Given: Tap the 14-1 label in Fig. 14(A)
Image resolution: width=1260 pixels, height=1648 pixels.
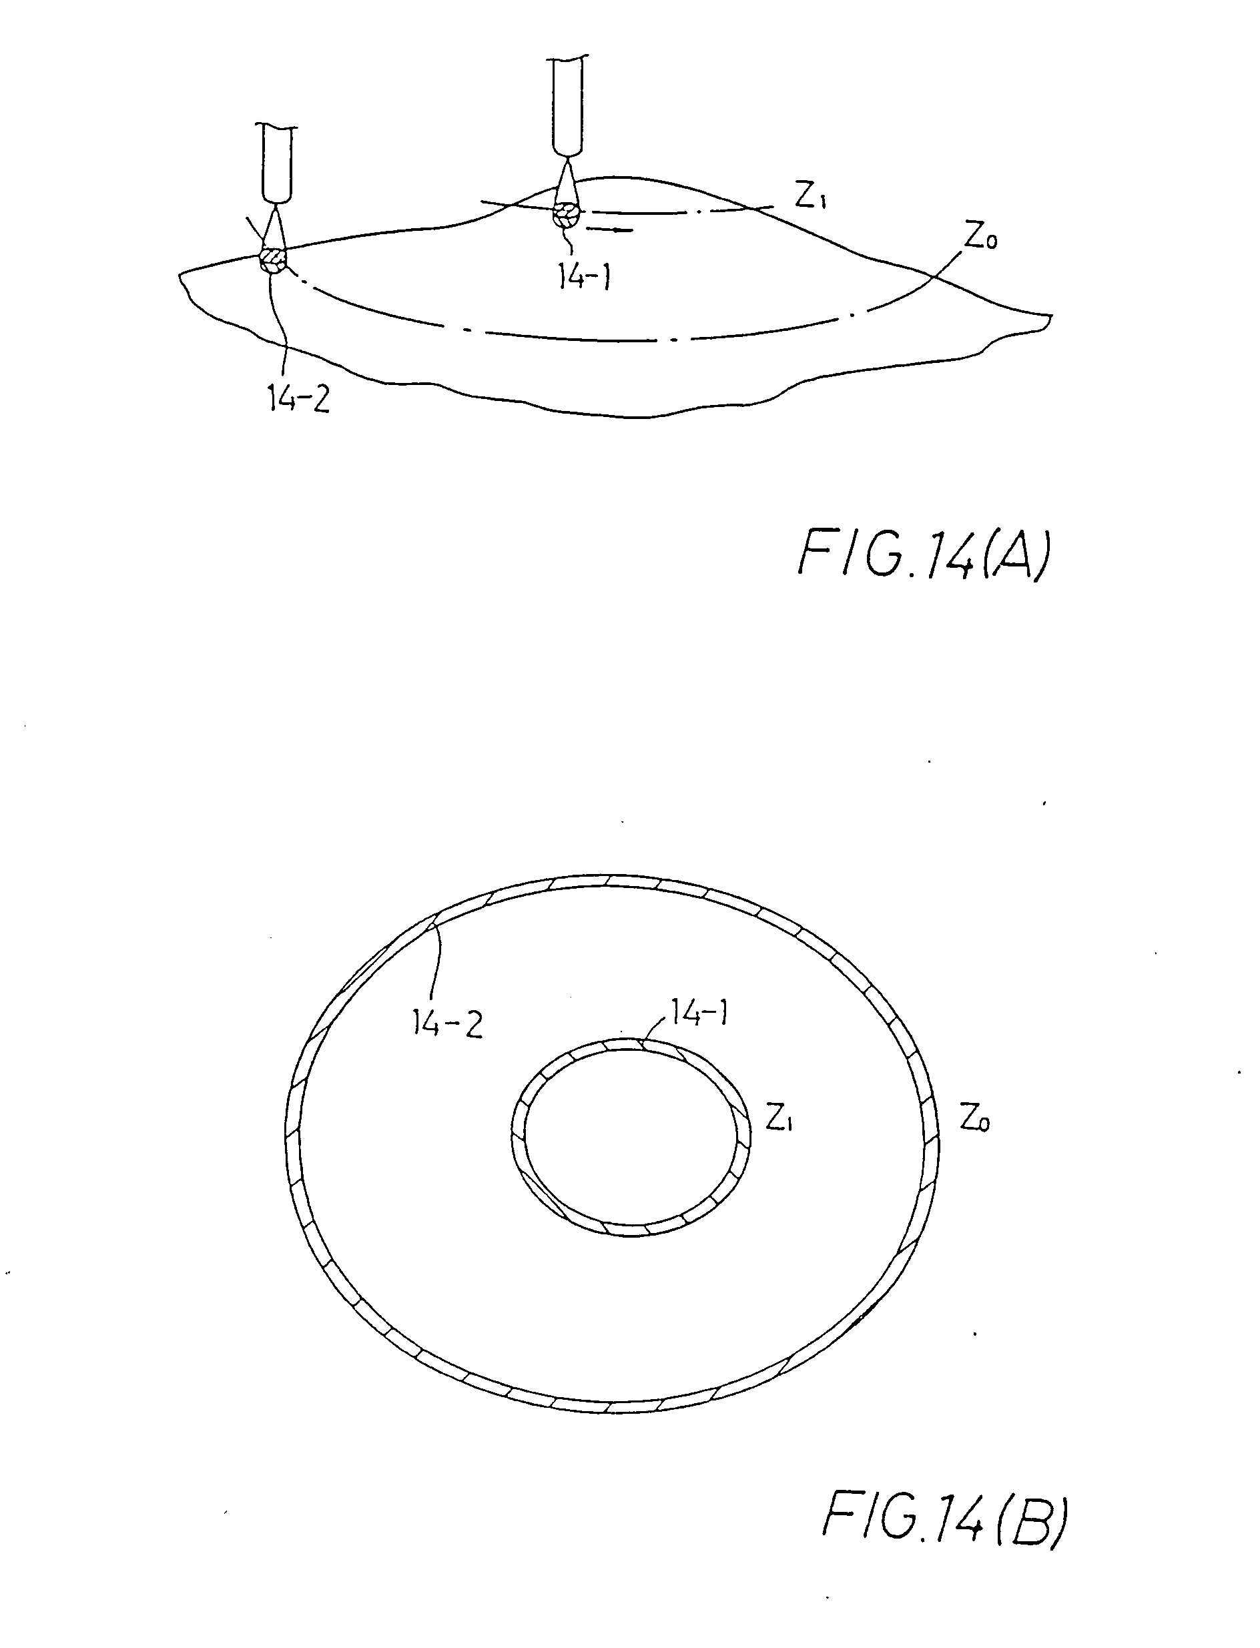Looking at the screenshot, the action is [583, 278].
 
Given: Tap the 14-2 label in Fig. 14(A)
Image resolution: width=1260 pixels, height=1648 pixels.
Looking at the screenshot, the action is [298, 400].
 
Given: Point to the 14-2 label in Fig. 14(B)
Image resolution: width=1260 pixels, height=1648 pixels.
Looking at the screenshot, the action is [448, 1023].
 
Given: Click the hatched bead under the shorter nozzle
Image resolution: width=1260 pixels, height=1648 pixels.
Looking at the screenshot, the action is [273, 260].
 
